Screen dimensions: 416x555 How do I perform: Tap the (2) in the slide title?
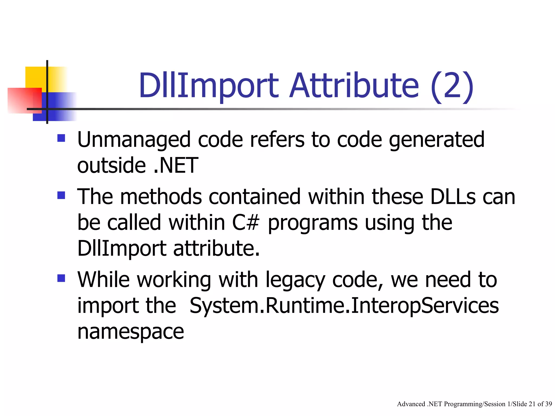[x=452, y=86]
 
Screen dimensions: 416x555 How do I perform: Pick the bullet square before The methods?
[x=61, y=195]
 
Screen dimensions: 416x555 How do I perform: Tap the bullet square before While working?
[x=61, y=278]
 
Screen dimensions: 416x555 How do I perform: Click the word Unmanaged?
[x=134, y=140]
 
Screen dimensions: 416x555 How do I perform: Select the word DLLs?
[x=453, y=197]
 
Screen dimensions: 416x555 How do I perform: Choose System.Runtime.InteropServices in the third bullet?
[x=344, y=305]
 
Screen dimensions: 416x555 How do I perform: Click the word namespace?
[x=131, y=332]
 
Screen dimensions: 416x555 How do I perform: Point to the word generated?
[x=437, y=140]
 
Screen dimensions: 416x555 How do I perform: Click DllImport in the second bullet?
[x=122, y=248]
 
